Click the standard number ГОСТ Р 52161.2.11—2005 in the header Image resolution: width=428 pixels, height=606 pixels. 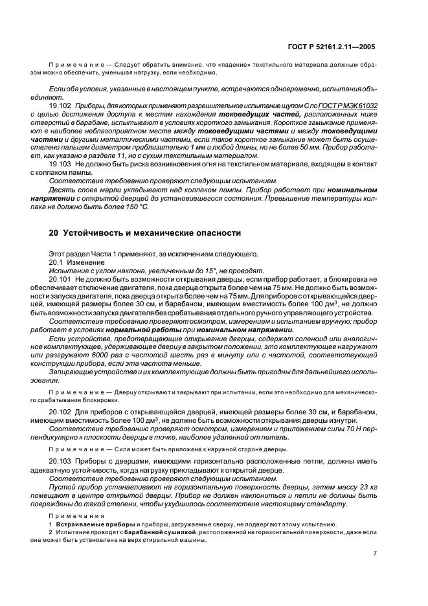click(331, 47)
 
